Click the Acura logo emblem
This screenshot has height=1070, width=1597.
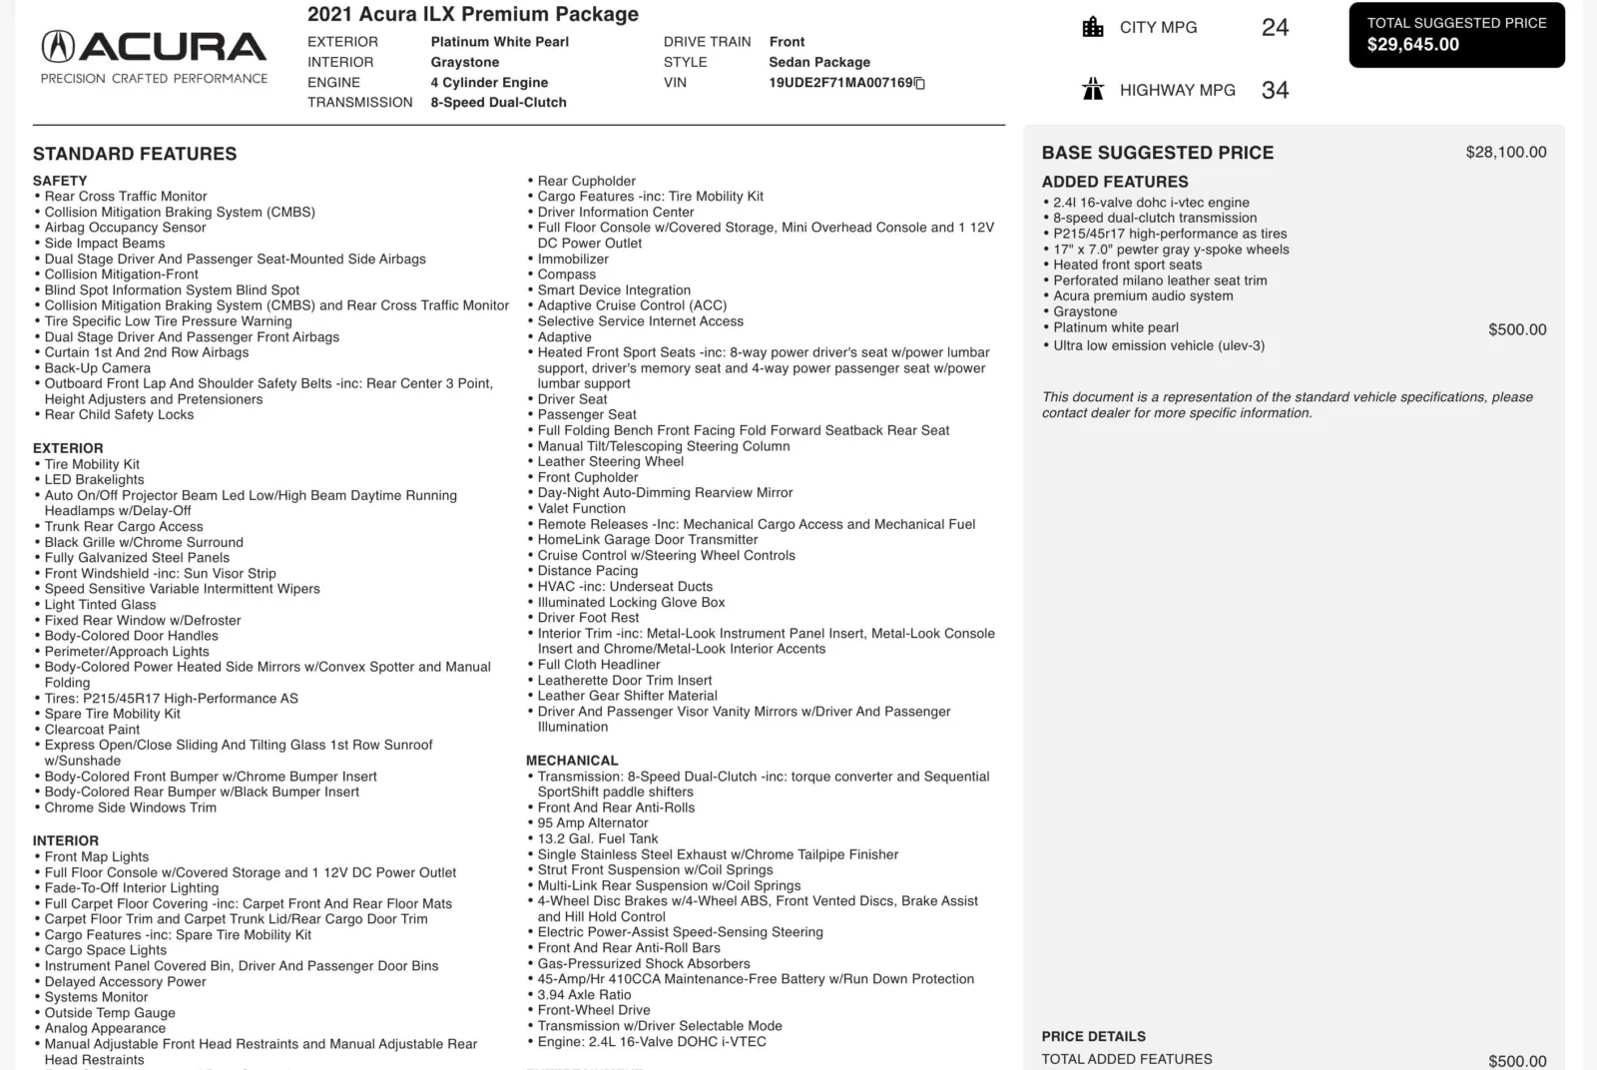click(58, 46)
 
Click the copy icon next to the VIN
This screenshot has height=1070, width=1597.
click(920, 83)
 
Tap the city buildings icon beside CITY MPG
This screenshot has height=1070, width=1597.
click(1093, 27)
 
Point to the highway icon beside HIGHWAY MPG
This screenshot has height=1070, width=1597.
click(1093, 90)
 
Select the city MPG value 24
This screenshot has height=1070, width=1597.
click(1275, 27)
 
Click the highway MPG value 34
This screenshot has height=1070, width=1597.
click(1275, 90)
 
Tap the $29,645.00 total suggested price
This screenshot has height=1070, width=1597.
click(1412, 45)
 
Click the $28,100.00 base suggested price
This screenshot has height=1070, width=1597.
click(1505, 152)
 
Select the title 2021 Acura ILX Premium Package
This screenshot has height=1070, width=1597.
click(472, 14)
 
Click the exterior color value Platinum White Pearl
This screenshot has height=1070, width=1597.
click(499, 42)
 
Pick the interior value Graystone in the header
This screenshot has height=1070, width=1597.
click(464, 62)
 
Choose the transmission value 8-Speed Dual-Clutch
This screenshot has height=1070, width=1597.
click(498, 102)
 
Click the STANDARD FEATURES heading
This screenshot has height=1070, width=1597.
click(135, 154)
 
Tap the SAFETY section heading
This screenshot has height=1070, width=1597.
click(60, 181)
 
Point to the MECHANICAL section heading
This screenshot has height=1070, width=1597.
click(572, 761)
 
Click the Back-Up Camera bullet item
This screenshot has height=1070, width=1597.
click(97, 368)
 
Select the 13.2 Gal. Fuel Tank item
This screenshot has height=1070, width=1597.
click(597, 838)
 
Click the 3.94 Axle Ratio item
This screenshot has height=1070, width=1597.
click(584, 994)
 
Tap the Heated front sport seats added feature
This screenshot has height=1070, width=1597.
click(1127, 265)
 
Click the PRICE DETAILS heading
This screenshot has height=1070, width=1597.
click(1093, 1036)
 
